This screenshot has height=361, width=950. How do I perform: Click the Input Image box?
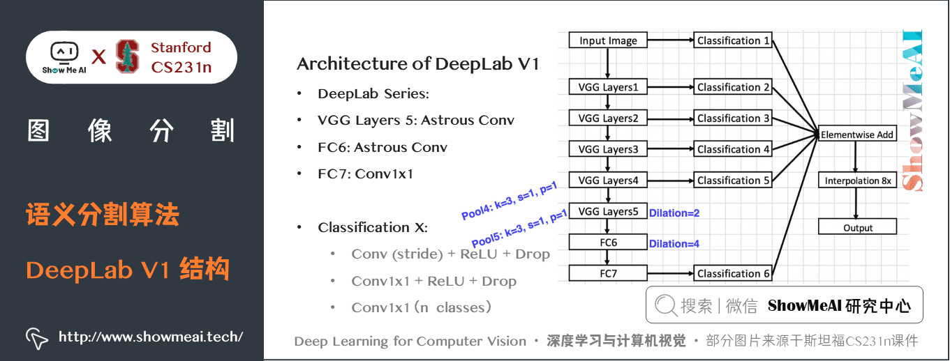pyautogui.click(x=608, y=40)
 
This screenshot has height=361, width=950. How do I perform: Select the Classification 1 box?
pyautogui.click(x=733, y=40)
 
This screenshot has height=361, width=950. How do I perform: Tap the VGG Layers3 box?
pyautogui.click(x=608, y=149)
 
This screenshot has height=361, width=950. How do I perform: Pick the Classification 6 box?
pyautogui.click(x=733, y=274)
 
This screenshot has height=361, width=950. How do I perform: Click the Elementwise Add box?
pyautogui.click(x=857, y=135)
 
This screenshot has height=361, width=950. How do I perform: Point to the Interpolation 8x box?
pyautogui.click(x=857, y=180)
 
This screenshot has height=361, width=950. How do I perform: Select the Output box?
pyautogui.click(x=857, y=228)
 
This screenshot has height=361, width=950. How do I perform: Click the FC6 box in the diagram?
pyautogui.click(x=608, y=243)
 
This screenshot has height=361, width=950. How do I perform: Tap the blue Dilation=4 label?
pyautogui.click(x=674, y=244)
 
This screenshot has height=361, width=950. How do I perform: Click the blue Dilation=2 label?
pyautogui.click(x=674, y=213)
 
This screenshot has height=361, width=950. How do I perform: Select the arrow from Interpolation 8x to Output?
pyautogui.click(x=857, y=204)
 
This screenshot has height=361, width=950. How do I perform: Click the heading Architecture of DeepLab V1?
pyautogui.click(x=417, y=64)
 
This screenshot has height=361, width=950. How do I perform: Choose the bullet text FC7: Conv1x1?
pyautogui.click(x=365, y=174)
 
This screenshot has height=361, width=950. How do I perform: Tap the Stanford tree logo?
pyautogui.click(x=127, y=56)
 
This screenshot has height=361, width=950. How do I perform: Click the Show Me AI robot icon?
pyautogui.click(x=64, y=52)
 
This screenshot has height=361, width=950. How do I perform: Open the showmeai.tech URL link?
pyautogui.click(x=150, y=337)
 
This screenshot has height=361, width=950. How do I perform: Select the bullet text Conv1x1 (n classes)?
pyautogui.click(x=422, y=307)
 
